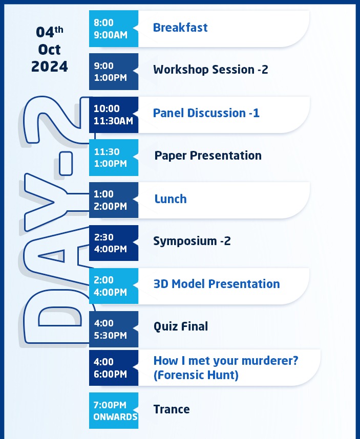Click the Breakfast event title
180,28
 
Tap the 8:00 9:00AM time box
114,29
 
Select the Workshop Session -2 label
210,70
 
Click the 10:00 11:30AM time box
114,115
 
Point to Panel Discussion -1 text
206,113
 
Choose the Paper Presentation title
208,156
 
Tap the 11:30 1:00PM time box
114,158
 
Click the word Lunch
171,199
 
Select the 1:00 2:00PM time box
114,200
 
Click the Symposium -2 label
192,241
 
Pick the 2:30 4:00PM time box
114,243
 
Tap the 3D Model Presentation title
217,284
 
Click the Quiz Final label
181,326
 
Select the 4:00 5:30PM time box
114,330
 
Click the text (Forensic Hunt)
196,375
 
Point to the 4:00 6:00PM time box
114,368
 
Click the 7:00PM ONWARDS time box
114,410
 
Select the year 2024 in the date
50,67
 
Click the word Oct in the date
49,50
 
